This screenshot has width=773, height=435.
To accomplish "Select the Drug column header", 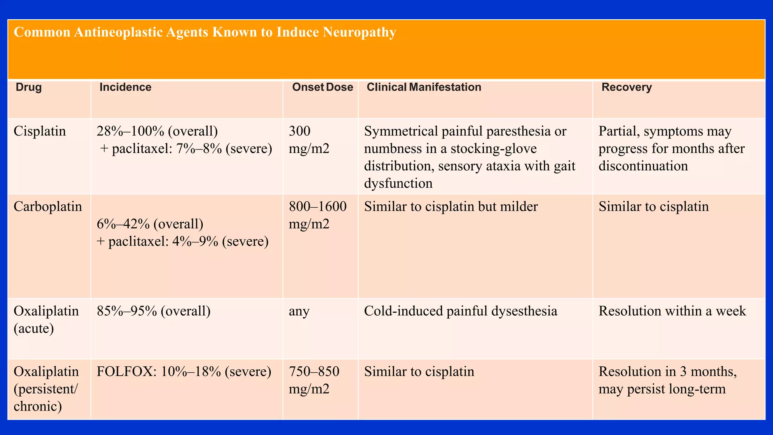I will click(29, 87).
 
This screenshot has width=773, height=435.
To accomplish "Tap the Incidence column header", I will click(125, 87).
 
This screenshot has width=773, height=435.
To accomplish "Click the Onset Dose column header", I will click(322, 87).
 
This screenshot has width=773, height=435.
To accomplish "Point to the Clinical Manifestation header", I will click(423, 87).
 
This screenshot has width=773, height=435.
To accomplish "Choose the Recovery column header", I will click(627, 87).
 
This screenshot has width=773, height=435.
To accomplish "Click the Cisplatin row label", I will click(40, 131).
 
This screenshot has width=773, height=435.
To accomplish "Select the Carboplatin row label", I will click(48, 207).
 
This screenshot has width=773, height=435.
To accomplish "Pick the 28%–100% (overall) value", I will click(157, 131).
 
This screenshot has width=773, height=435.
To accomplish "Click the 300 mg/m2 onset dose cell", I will click(309, 140).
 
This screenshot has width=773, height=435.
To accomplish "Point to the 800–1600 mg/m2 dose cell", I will click(317, 215).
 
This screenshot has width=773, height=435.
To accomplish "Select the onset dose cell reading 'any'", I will click(299, 311).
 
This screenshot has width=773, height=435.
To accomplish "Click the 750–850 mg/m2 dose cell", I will click(314, 380).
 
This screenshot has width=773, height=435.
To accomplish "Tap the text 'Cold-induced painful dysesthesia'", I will click(460, 311).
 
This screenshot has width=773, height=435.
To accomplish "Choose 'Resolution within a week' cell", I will click(672, 311).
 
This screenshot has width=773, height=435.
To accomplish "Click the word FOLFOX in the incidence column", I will click(126, 372).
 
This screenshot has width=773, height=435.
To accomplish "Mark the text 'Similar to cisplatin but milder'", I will click(451, 207).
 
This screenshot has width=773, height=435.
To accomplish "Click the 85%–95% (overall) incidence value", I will click(154, 311).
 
